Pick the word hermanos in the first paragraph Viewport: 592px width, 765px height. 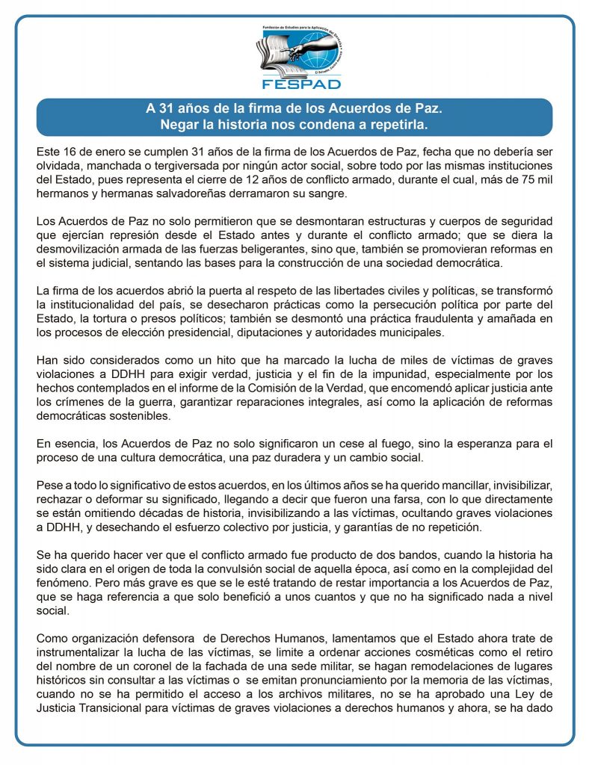click(x=61, y=194)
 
